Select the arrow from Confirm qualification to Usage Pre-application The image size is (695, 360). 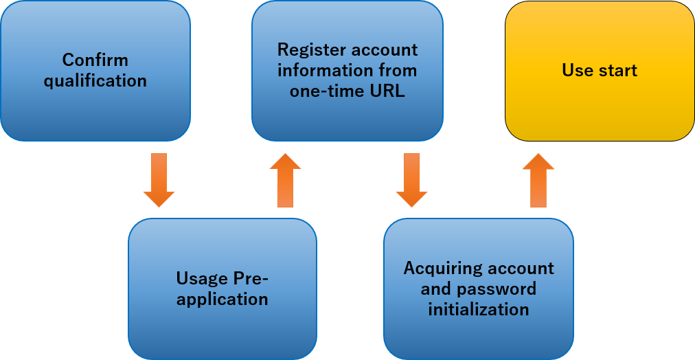point(159,180)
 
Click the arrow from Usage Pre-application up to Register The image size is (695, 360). point(285,180)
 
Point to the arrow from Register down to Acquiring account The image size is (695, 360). point(411,180)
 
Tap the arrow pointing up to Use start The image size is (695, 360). point(538,180)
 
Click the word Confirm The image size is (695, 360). point(95,60)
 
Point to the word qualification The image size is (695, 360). point(95,81)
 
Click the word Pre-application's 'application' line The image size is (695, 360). point(223,300)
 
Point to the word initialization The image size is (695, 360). point(479,310)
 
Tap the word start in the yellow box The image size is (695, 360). point(617,71)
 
